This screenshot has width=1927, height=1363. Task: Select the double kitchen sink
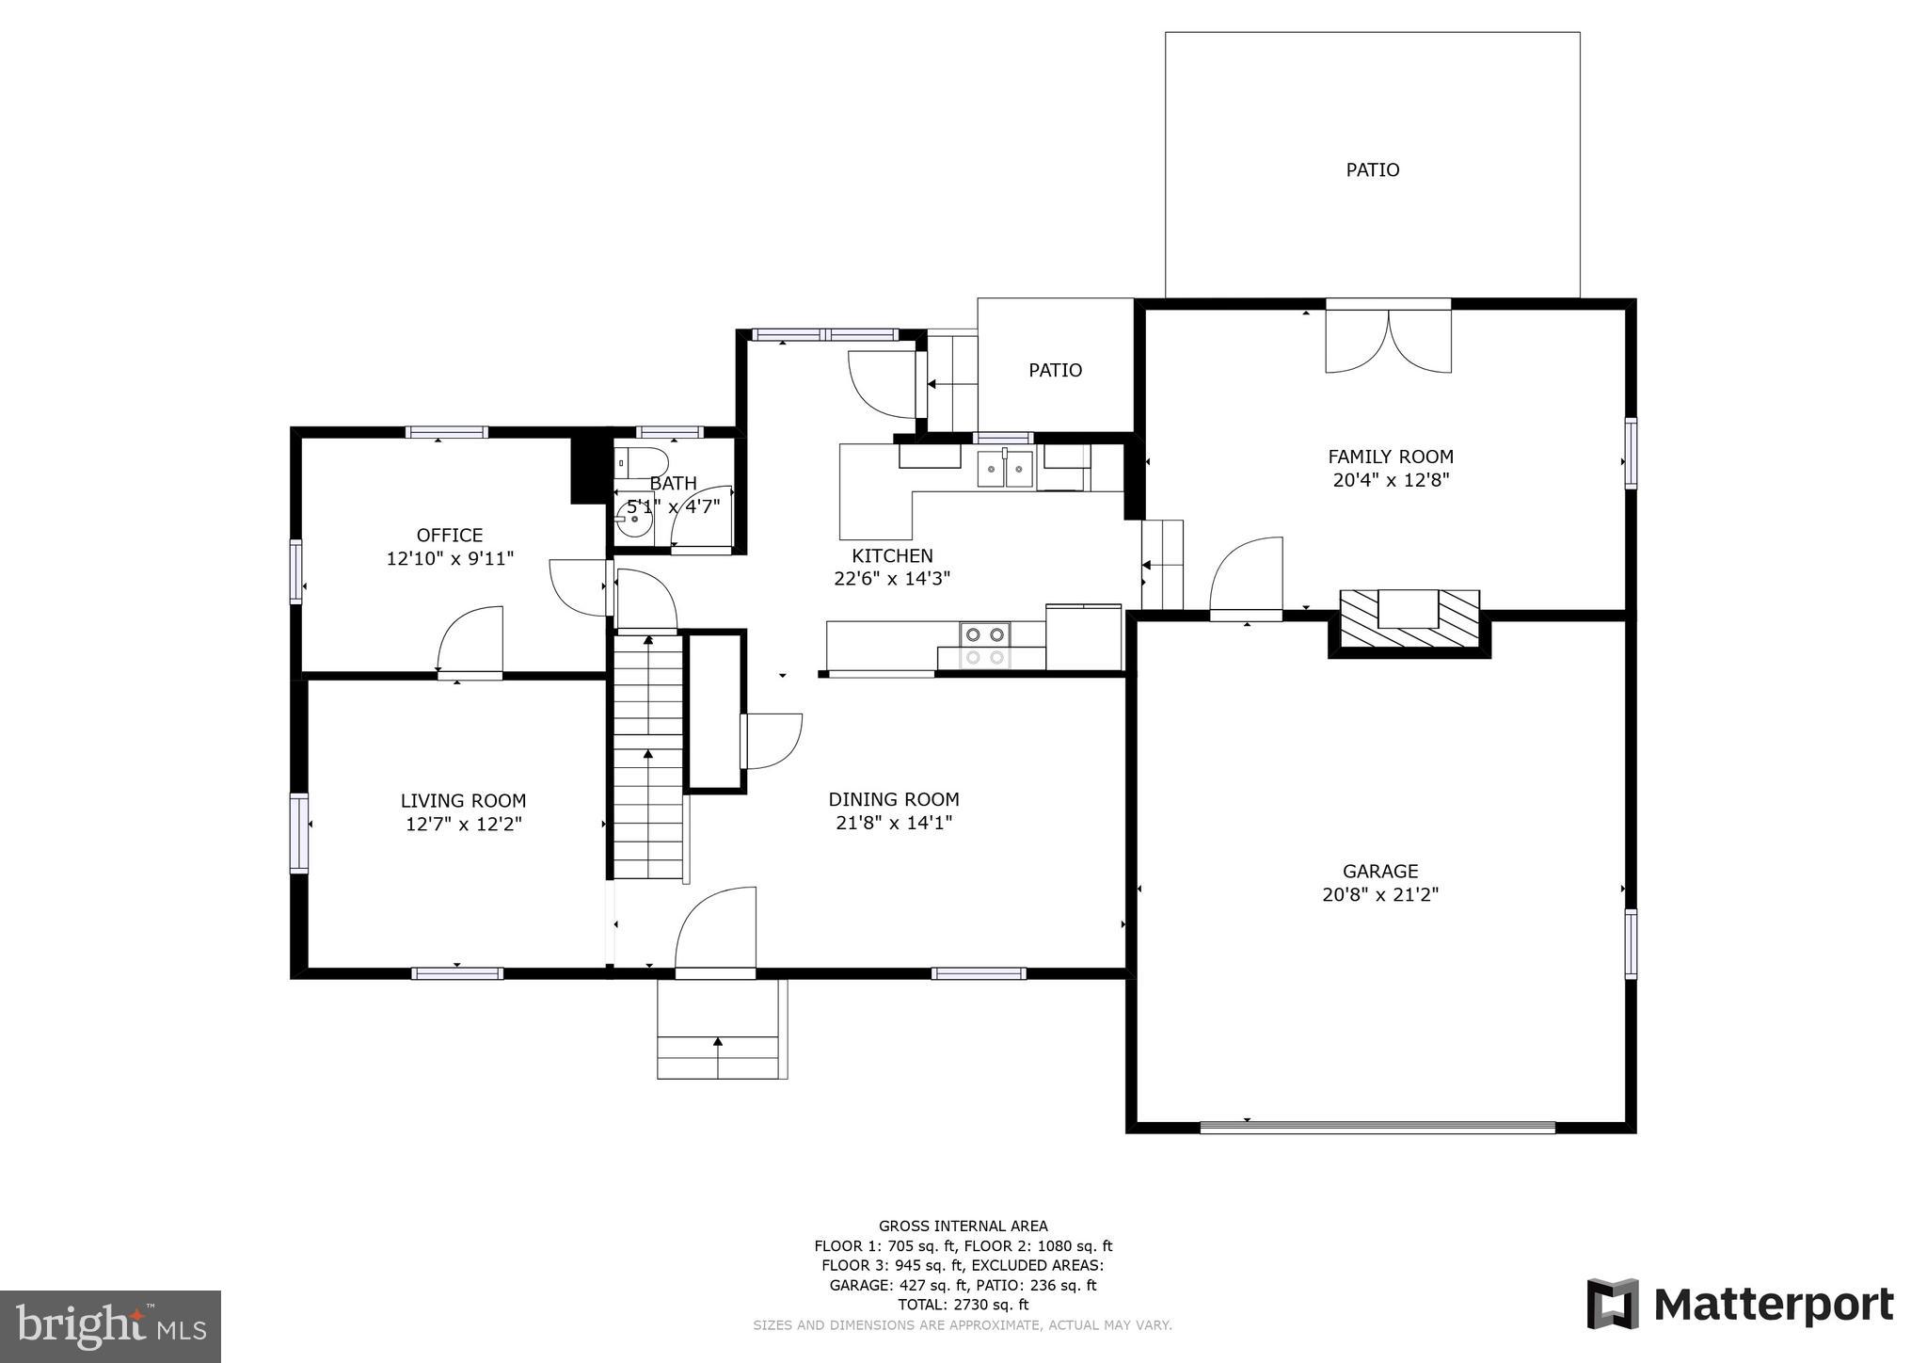1005,469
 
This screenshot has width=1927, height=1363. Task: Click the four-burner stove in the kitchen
984,646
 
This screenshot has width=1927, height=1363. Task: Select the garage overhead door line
1378,1127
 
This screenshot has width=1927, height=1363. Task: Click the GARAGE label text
1379,872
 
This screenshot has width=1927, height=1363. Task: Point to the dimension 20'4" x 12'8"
1391,480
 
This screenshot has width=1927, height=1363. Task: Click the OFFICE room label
450,536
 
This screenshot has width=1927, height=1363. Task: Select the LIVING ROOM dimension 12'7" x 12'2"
463,825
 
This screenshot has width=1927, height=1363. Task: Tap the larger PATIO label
1372,170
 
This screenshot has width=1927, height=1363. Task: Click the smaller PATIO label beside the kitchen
1055,371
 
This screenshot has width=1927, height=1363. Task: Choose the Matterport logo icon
1613,1304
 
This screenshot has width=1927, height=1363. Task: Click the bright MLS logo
110,1326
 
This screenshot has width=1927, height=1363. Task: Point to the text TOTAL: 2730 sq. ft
963,1305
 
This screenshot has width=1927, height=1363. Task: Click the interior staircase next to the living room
648,758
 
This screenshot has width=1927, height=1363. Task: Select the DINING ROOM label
893,800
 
